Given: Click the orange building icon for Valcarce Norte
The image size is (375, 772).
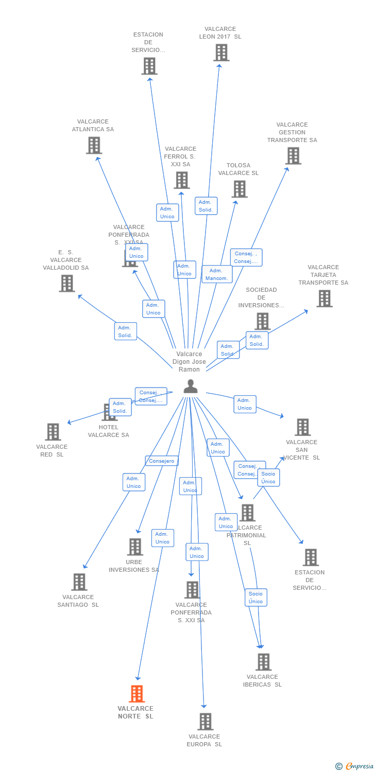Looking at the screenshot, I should pyautogui.click(x=137, y=694).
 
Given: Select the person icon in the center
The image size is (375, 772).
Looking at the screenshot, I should pyautogui.click(x=191, y=386).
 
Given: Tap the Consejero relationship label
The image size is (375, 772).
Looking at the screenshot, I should pyautogui.click(x=162, y=461).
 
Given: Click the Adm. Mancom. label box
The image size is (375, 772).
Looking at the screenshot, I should pyautogui.click(x=217, y=274).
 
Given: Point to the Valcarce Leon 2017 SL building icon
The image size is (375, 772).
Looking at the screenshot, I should pyautogui.click(x=221, y=52).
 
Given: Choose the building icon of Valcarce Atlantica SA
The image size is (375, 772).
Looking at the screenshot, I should pyautogui.click(x=94, y=146).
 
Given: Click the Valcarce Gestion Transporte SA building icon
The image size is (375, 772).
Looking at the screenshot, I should pyautogui.click(x=293, y=156).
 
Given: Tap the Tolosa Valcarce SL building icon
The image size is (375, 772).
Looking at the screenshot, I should pyautogui.click(x=239, y=189).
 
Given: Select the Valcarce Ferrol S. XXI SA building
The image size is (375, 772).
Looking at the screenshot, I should pyautogui.click(x=181, y=180).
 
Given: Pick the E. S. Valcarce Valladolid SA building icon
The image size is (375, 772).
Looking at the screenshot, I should pyautogui.click(x=66, y=283).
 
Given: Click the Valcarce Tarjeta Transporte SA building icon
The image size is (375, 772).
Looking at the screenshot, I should pyautogui.click(x=324, y=299).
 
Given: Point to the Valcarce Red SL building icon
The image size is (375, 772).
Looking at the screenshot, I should pyautogui.click(x=53, y=432).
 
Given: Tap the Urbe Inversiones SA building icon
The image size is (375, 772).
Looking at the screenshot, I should pyautogui.click(x=135, y=547).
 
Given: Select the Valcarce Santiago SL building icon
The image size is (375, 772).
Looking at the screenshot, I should pyautogui.click(x=79, y=582).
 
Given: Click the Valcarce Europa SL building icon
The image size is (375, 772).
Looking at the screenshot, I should pyautogui.click(x=205, y=722).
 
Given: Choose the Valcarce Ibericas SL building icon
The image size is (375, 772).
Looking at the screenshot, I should pyautogui.click(x=263, y=662).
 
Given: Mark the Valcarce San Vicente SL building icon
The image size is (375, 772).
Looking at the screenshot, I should pyautogui.click(x=302, y=427).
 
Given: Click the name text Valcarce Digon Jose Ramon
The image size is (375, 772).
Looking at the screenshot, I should pyautogui.click(x=189, y=362).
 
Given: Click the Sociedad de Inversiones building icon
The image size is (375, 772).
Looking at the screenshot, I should pyautogui.click(x=262, y=321).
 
